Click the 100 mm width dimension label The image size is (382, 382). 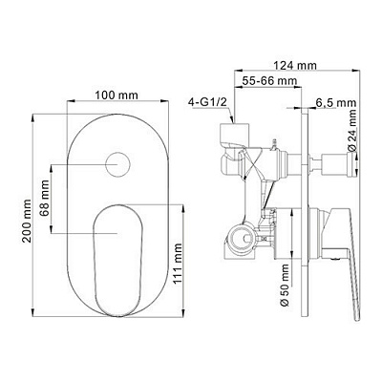117,95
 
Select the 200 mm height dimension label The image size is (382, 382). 27,222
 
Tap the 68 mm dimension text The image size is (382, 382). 45,199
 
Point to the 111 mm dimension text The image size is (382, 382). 178,264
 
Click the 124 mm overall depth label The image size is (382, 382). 295,66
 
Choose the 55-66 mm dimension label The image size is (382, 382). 269,81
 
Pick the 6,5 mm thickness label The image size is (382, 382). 336,103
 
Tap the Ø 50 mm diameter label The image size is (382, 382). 286,285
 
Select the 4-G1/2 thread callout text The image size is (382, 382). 207,102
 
